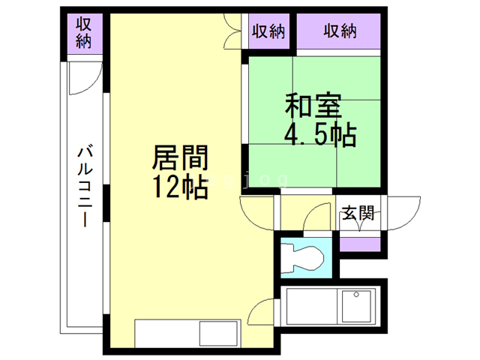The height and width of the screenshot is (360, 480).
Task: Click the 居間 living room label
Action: coord(180,159)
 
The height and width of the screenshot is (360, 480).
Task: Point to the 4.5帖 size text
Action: coord(319,136)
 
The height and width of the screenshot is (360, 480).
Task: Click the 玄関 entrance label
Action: coord(358,212)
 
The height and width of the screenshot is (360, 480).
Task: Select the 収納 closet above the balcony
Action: coord(83,32)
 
